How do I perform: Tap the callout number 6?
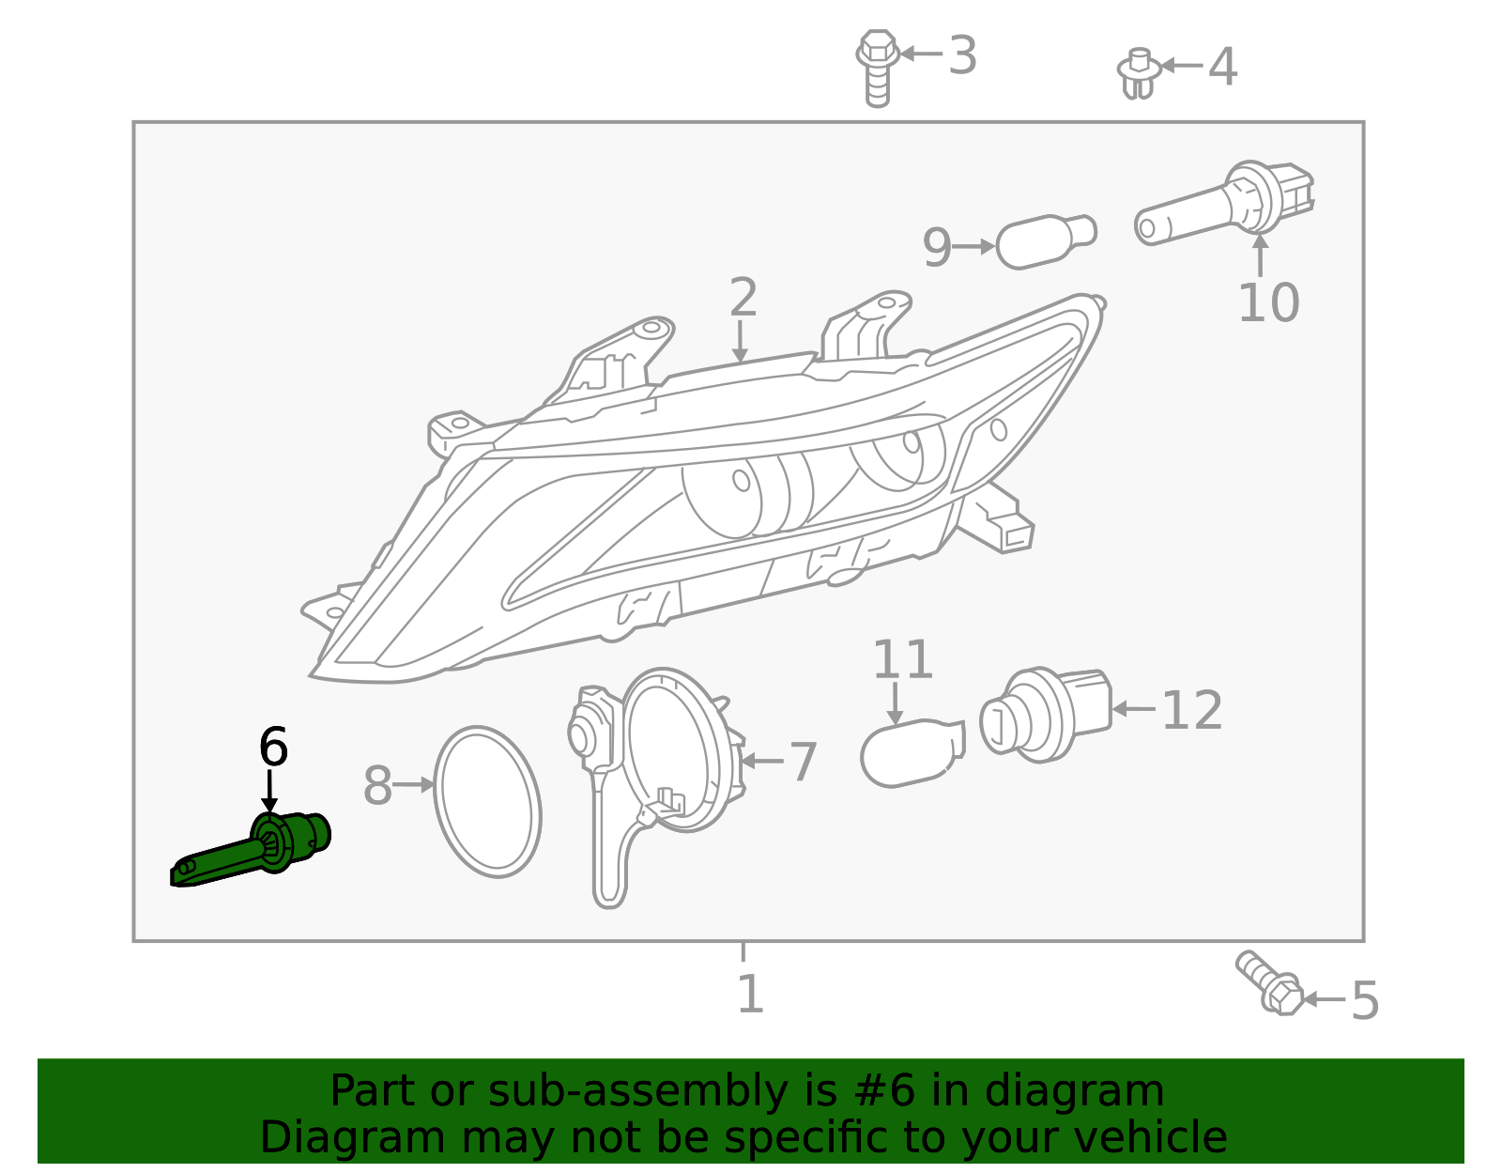point(272,748)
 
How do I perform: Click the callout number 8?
point(376,786)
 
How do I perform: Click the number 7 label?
point(803,762)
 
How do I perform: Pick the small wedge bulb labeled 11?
point(911,752)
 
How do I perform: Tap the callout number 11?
point(902,660)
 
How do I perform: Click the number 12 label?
point(1191,711)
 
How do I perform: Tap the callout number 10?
point(1267,303)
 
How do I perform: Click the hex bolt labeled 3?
point(877,66)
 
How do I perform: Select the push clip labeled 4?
point(1137,73)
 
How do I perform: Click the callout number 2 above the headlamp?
point(743,298)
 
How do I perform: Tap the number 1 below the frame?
point(749,995)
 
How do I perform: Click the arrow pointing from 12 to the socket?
point(1133,709)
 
